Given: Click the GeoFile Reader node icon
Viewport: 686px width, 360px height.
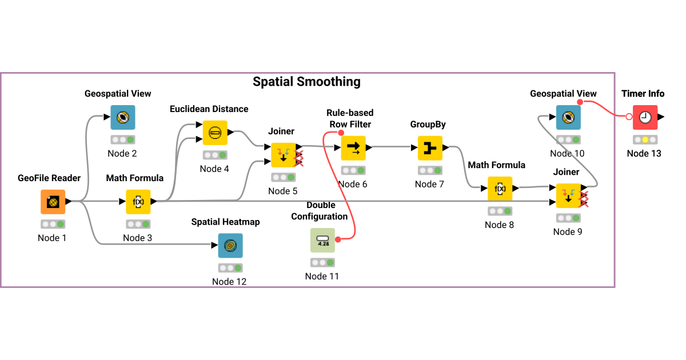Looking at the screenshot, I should coord(53,202).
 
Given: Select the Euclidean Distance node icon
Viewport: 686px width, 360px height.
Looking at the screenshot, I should coord(215,133).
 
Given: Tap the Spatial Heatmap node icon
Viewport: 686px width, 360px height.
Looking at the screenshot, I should coord(230,246).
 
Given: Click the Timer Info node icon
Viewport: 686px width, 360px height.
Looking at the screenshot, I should coord(645,117).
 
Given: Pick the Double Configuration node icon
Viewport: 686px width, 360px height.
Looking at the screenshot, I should coord(322,240).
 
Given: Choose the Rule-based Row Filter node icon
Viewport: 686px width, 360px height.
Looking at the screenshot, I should coord(353,148).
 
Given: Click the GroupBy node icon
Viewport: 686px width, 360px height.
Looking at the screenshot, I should coord(430,148).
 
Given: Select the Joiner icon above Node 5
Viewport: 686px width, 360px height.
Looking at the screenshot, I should coord(283,155).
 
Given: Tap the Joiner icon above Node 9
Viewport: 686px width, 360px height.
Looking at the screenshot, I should coord(568,195).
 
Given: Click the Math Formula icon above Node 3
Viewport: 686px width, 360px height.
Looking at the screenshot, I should coord(138,202).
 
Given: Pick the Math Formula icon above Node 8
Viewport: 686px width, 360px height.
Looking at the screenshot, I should coord(500,189).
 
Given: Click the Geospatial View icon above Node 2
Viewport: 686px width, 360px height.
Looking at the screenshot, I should coord(123,117).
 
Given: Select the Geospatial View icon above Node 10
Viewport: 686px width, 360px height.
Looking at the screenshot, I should coord(568,117).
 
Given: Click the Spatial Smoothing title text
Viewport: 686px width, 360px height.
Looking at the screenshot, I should coord(306,82).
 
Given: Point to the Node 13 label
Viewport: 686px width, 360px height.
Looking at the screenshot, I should coord(644,153).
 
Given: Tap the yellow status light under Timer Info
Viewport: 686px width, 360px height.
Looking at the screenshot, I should coord(645,139).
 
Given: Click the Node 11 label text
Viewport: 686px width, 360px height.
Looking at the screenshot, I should coord(322,276).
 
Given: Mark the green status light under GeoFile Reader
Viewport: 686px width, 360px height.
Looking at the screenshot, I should coord(60,224).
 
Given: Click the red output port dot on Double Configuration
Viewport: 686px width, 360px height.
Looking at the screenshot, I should coord(338,239).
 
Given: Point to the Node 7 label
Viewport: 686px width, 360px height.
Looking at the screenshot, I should coord(429,184).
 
